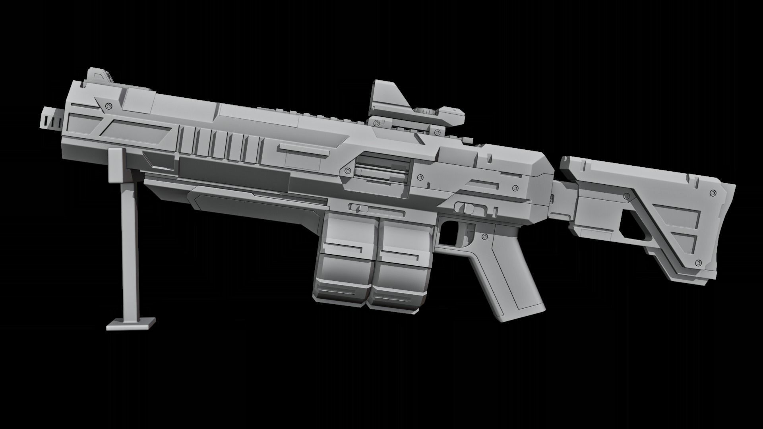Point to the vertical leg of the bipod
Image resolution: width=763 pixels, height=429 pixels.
(129, 246)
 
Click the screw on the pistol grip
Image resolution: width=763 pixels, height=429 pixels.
(484, 237)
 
